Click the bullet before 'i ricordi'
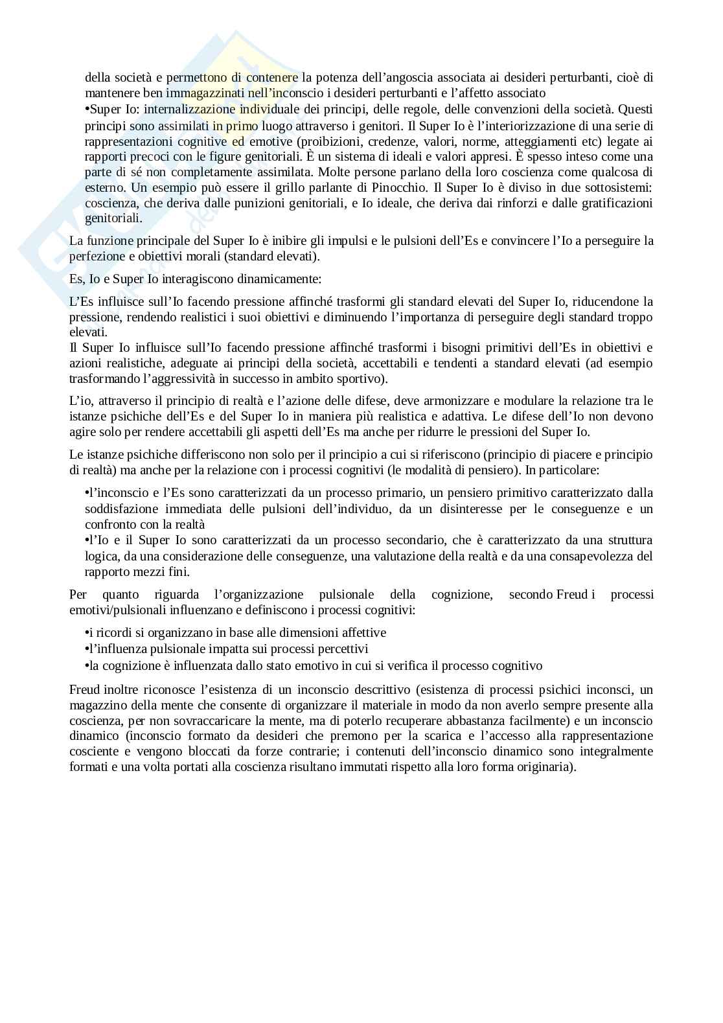[x=87, y=633]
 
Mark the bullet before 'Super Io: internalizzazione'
[x=87, y=109]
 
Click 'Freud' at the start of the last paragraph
[x=85, y=689]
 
